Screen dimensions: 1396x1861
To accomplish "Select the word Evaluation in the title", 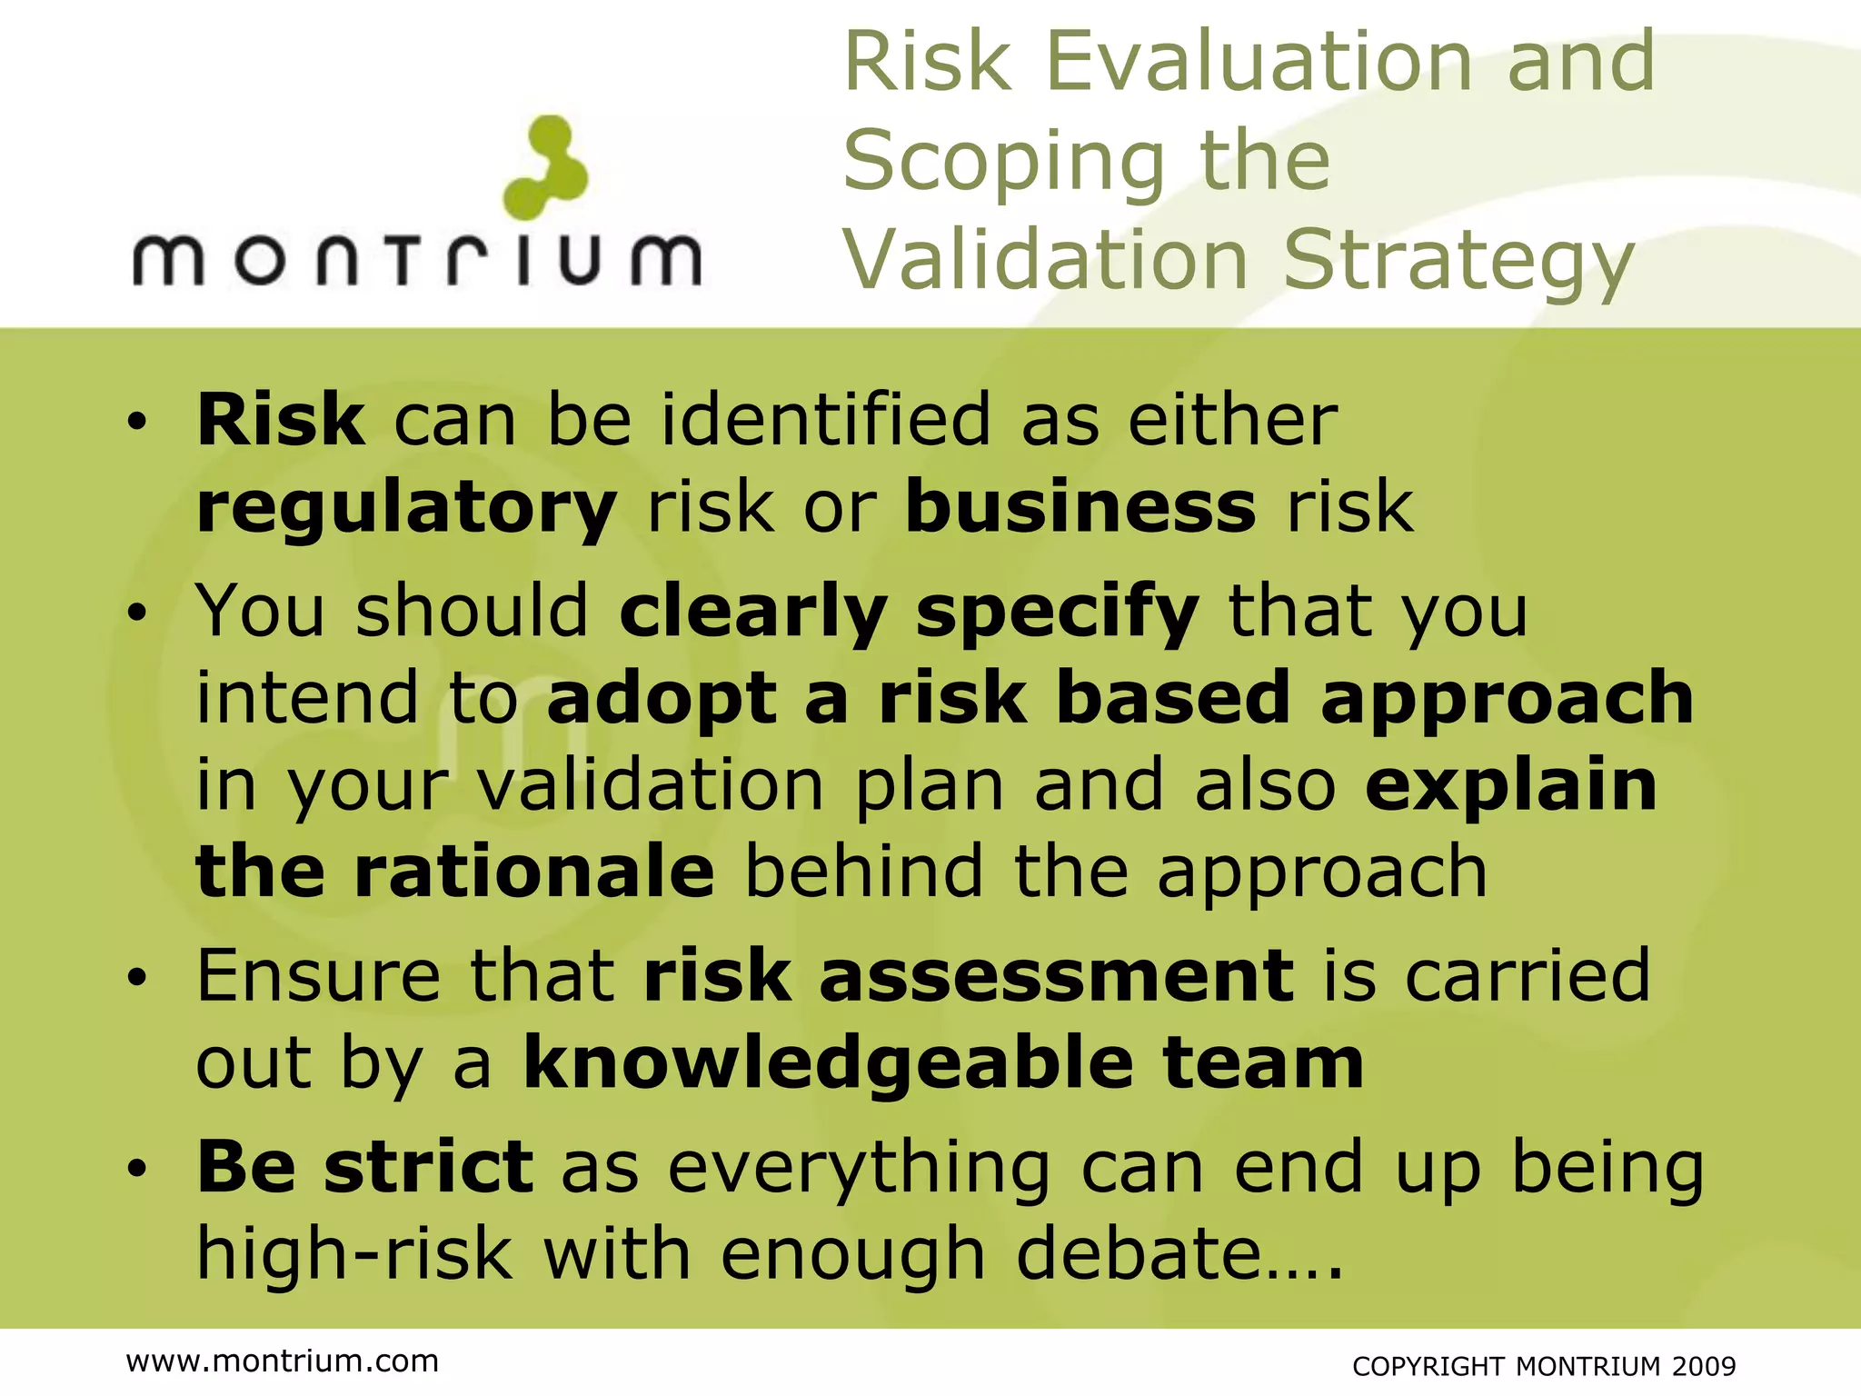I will click(1259, 61).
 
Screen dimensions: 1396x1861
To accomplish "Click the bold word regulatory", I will click(406, 507).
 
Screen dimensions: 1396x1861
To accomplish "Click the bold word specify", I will click(1057, 613).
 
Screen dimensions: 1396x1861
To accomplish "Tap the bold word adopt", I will click(662, 698).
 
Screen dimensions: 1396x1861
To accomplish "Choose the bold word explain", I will click(1511, 786).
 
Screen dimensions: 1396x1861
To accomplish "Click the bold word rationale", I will click(534, 871).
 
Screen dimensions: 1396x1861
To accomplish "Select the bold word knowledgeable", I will click(829, 1064).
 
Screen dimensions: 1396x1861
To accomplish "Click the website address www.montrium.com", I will click(283, 1361).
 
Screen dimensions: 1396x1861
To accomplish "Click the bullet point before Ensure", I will click(136, 979).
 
